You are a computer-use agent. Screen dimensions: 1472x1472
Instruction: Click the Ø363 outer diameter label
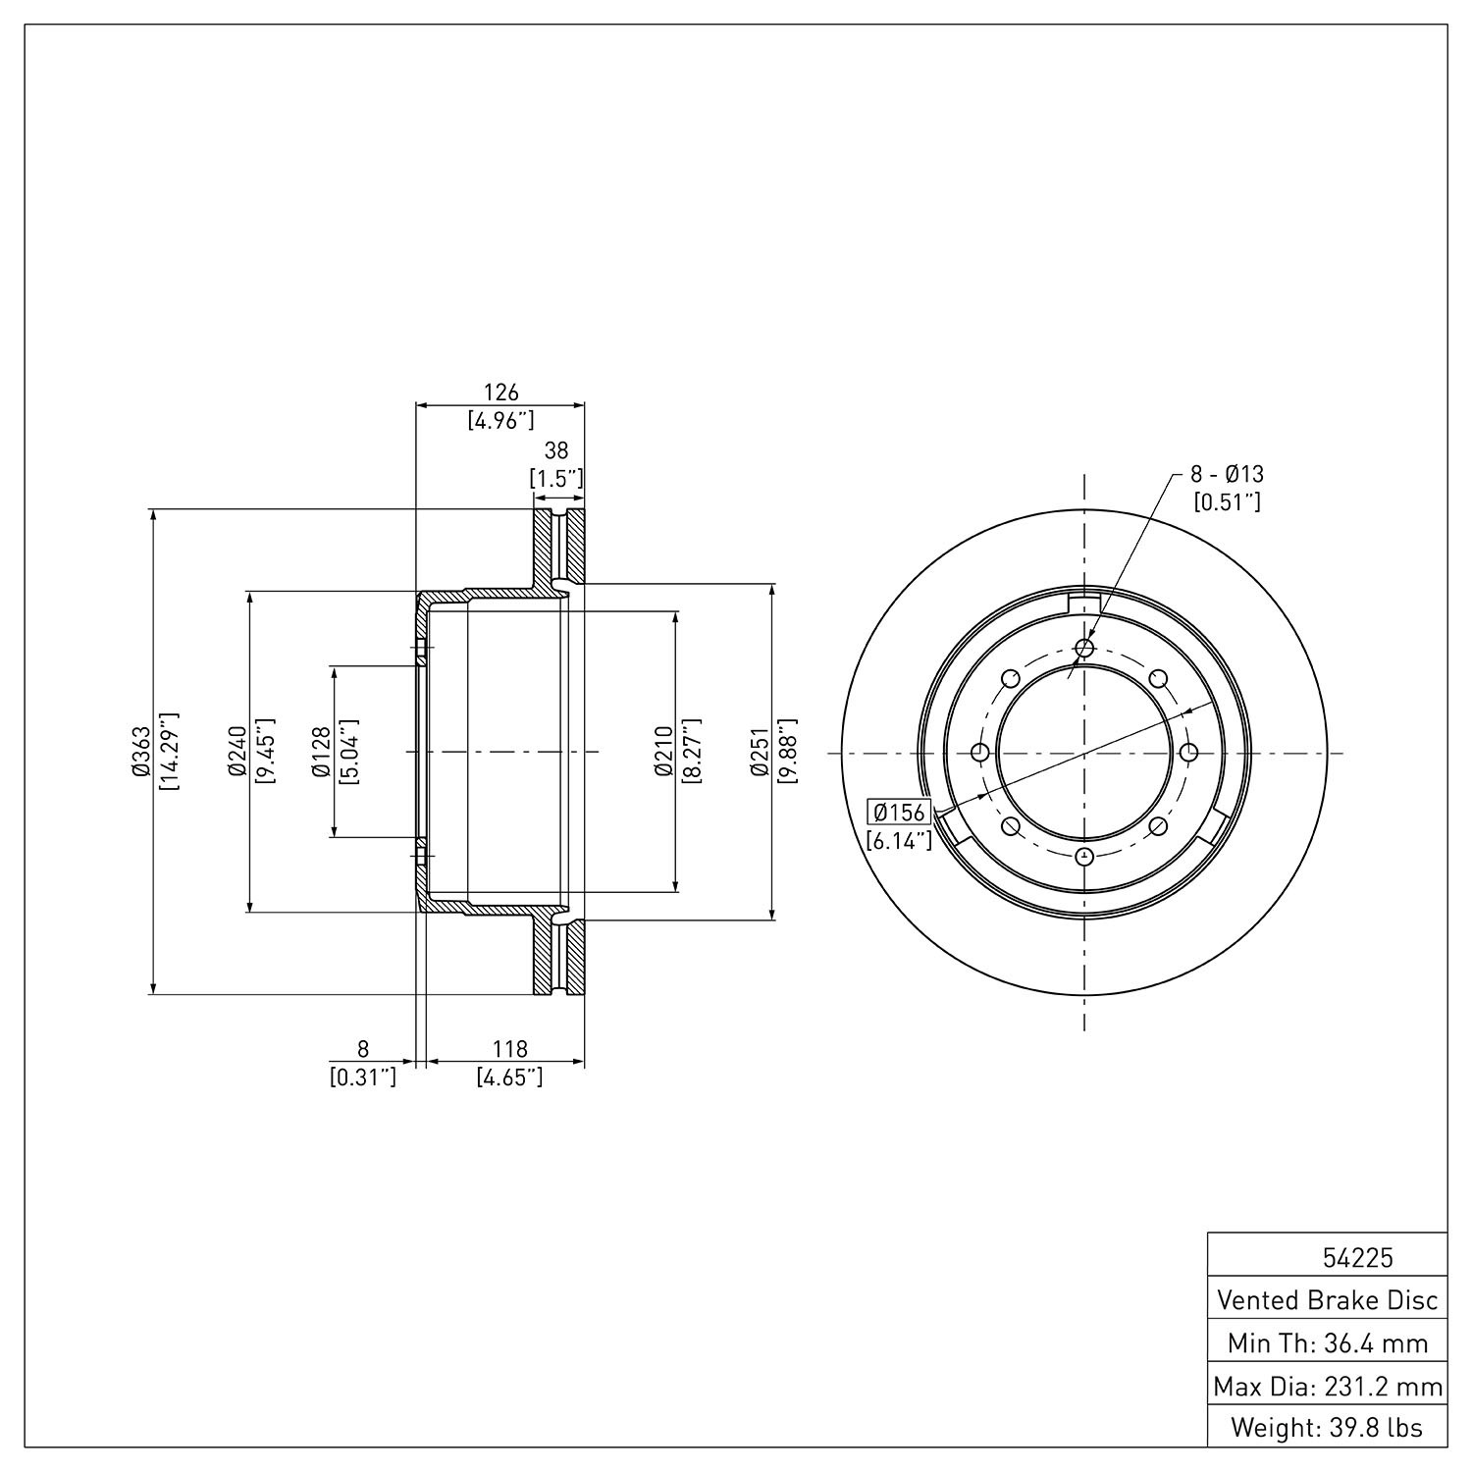click(140, 752)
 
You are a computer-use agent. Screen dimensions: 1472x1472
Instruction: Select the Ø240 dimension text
click(237, 752)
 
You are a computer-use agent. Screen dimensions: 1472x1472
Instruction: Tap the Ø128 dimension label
click(321, 752)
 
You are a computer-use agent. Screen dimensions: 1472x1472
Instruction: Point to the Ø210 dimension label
click(663, 752)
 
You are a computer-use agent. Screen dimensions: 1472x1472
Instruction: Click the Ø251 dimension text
click(759, 752)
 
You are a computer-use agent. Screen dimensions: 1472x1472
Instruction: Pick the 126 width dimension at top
click(500, 393)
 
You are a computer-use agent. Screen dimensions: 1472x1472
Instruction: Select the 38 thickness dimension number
click(556, 450)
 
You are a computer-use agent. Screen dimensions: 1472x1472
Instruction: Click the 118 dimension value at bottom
click(509, 1050)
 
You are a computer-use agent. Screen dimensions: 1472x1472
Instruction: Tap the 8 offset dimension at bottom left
click(363, 1050)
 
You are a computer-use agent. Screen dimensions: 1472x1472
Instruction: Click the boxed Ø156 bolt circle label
click(899, 813)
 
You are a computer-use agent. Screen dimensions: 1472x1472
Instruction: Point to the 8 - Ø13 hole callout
click(1227, 474)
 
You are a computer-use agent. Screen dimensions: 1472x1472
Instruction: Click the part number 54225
click(1358, 1258)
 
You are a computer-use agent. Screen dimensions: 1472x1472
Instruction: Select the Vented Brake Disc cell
click(1328, 1300)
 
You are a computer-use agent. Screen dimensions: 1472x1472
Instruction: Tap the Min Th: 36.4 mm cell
click(1328, 1342)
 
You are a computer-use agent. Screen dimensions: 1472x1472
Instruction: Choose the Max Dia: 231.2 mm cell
click(1328, 1386)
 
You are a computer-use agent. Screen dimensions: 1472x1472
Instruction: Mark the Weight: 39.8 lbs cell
click(1328, 1427)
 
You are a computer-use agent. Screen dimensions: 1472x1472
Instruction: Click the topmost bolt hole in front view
click(1084, 648)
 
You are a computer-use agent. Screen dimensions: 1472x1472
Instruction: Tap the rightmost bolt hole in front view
click(1188, 753)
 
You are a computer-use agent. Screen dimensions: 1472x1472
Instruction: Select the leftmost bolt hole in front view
click(979, 753)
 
